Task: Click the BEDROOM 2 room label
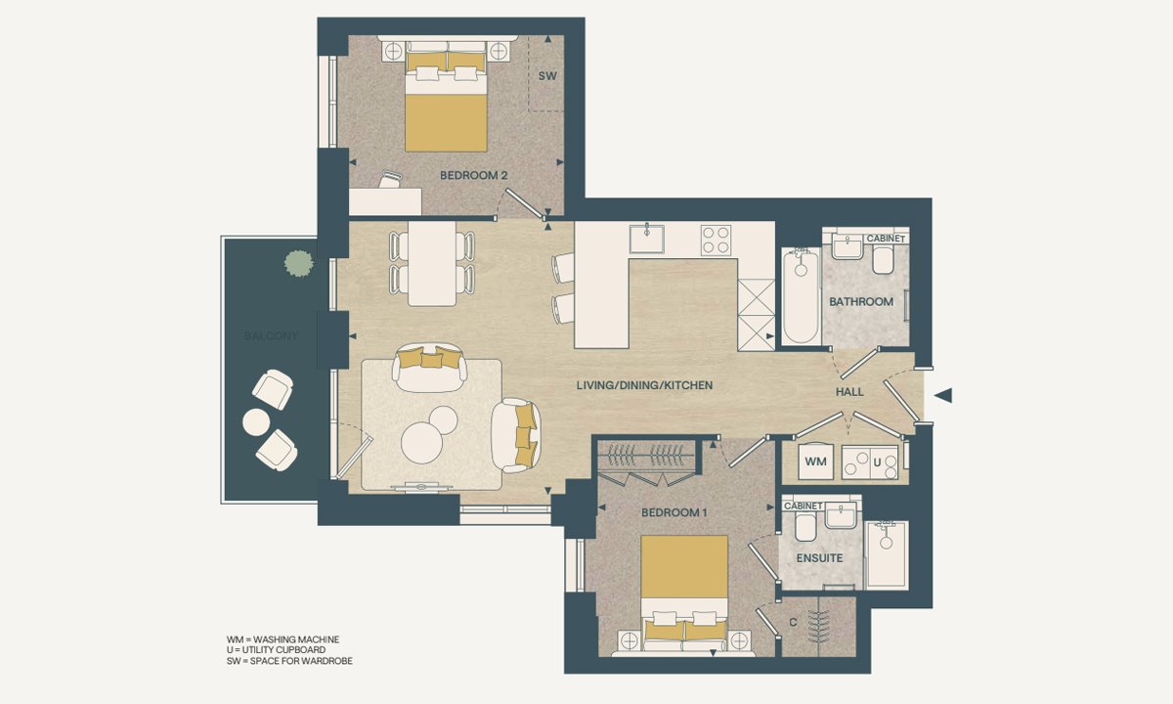click(x=473, y=175)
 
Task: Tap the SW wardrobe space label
click(x=547, y=76)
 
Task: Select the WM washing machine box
click(x=815, y=461)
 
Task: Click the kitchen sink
click(x=647, y=239)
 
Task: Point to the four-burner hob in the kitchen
click(x=716, y=240)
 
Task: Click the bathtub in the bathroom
click(x=801, y=296)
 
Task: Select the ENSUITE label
click(x=819, y=558)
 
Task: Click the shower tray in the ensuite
click(x=888, y=554)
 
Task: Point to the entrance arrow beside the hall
click(x=943, y=395)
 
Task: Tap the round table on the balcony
click(x=256, y=421)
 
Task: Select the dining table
click(x=432, y=263)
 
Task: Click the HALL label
click(x=849, y=392)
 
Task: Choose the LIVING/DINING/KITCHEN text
click(x=644, y=385)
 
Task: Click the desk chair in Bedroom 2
click(x=391, y=179)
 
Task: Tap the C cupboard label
click(x=793, y=622)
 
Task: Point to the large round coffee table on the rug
click(x=422, y=443)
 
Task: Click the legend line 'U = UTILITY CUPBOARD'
click(x=276, y=650)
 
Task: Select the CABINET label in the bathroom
click(x=886, y=239)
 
